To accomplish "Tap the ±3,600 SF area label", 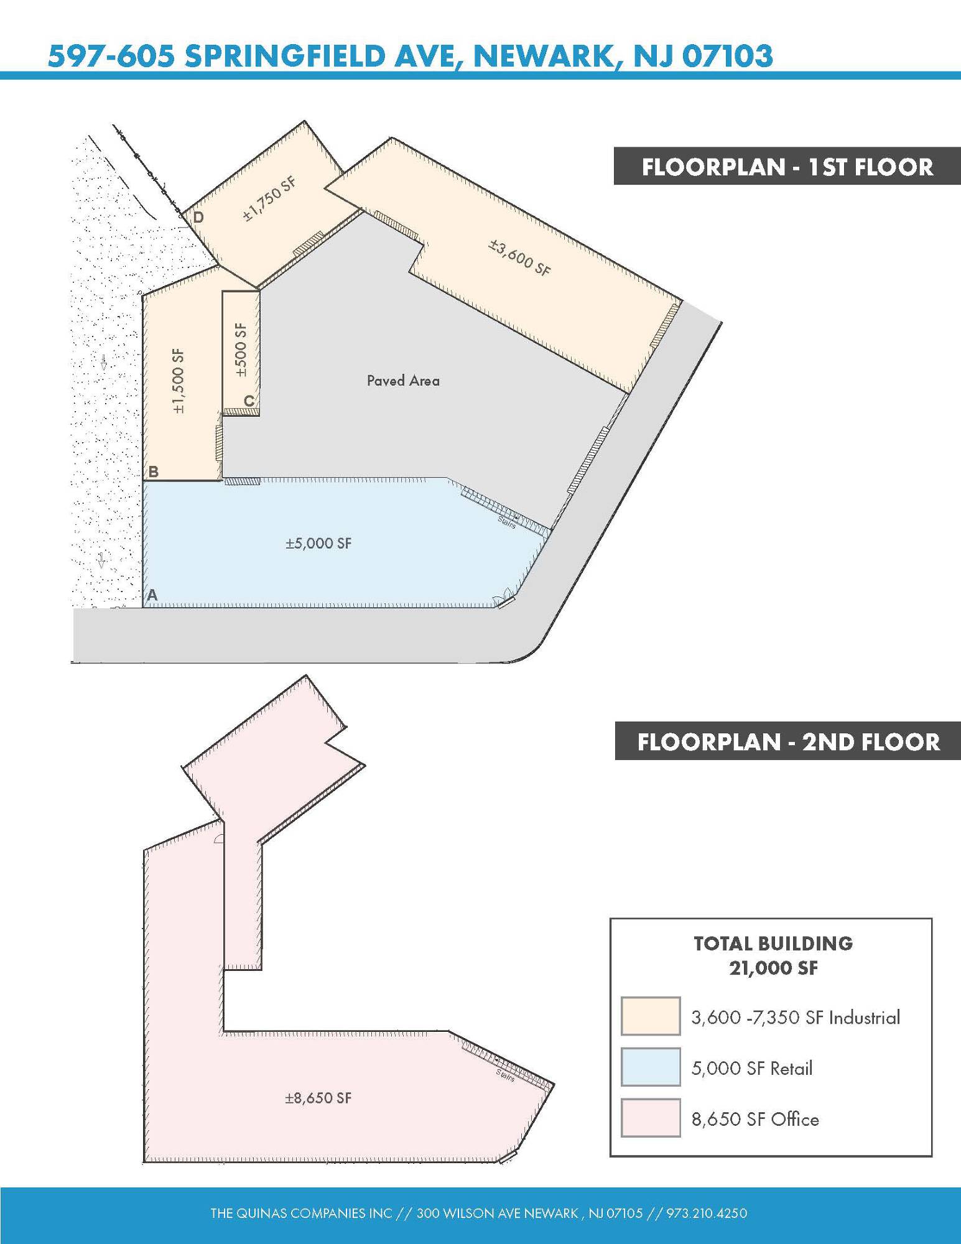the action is point(519,258).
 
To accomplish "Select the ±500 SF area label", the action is point(241,350).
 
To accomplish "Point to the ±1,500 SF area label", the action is point(179,381).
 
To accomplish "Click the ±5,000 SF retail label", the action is point(318,544).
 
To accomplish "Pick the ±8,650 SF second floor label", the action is point(318,1098).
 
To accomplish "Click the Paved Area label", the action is point(403,381).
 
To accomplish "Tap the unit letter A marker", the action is point(152,595).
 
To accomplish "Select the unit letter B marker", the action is point(153,471).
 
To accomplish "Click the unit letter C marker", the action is point(249,401).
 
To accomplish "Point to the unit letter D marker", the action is point(198,217).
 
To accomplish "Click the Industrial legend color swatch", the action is point(650,1016).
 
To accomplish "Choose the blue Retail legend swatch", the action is point(650,1067).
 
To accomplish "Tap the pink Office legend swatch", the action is point(650,1118).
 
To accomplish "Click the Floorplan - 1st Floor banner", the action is point(787,167).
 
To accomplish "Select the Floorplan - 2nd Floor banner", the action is point(788,741).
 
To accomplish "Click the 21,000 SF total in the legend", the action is point(773,968).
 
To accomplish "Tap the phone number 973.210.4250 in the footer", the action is point(707,1213).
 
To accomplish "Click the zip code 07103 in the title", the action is point(728,56).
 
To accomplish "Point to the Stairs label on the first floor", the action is point(507,523).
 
